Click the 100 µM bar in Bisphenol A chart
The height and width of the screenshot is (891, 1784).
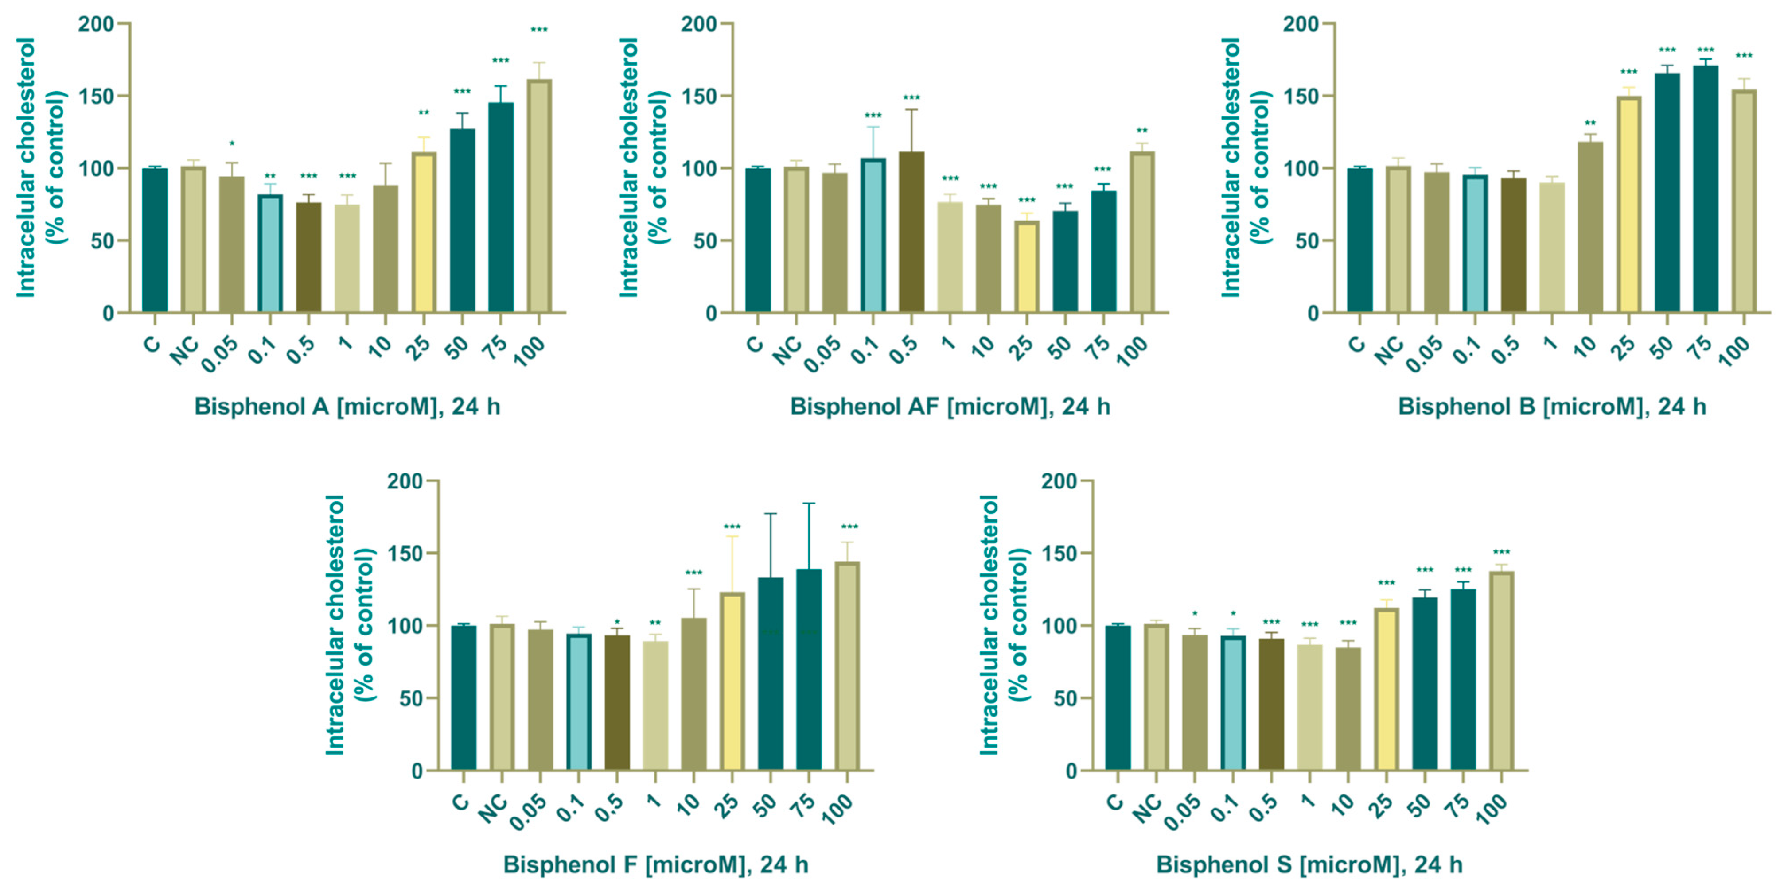[539, 198]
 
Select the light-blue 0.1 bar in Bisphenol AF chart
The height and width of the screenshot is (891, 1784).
[873, 236]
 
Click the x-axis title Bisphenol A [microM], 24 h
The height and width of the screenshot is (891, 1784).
[347, 407]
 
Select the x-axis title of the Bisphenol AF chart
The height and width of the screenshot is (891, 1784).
[950, 407]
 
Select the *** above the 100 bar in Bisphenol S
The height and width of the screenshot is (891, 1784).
[1501, 553]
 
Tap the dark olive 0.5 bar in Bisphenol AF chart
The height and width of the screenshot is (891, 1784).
[911, 232]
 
